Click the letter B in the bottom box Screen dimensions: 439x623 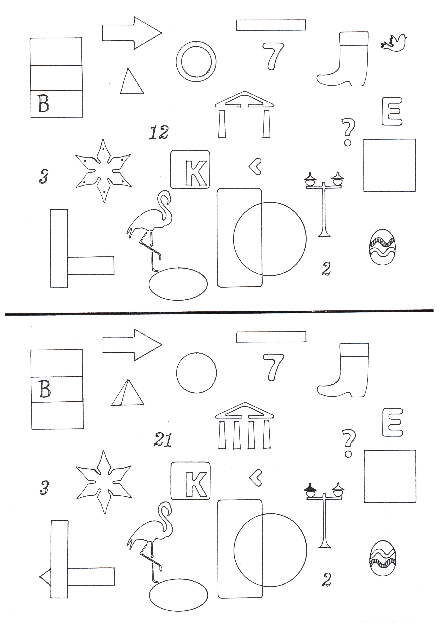(43, 103)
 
